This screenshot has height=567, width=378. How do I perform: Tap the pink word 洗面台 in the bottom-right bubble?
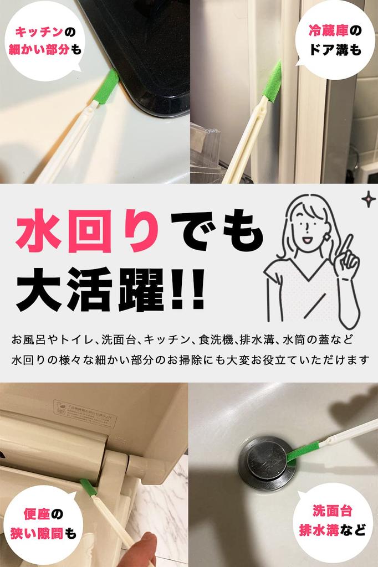tap(332, 511)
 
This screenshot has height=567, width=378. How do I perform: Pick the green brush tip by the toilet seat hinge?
tap(88, 488)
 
